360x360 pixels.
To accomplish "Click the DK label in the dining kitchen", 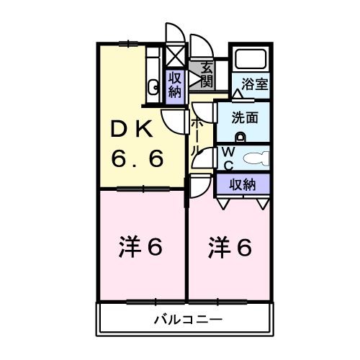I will click(x=130, y=131).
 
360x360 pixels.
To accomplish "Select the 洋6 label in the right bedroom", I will click(x=230, y=248).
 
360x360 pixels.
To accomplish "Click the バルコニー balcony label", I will click(x=186, y=318).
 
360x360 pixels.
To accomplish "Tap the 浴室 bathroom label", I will click(x=255, y=83).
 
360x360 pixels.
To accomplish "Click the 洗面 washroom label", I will click(x=245, y=118).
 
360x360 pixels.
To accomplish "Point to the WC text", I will click(x=225, y=157).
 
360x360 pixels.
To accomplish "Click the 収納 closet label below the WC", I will click(x=243, y=184).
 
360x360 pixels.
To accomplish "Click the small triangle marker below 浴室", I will click(x=237, y=95).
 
